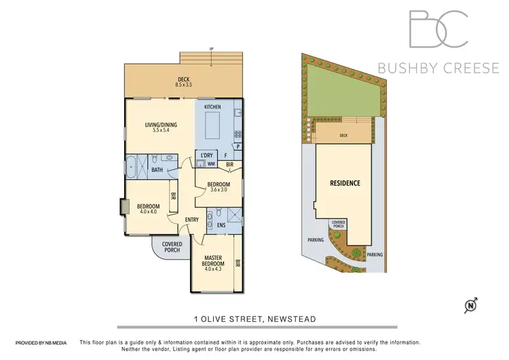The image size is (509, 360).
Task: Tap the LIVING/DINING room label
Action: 160,125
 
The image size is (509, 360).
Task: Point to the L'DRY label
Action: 206,156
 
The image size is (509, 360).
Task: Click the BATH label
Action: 157,170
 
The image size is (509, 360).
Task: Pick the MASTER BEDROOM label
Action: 214,259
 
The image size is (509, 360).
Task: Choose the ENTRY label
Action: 192,219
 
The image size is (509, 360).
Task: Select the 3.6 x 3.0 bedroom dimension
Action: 219,191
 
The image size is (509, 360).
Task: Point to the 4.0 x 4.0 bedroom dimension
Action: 148,212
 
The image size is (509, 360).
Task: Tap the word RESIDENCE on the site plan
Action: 345,183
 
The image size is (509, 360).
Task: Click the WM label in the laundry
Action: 210,164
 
